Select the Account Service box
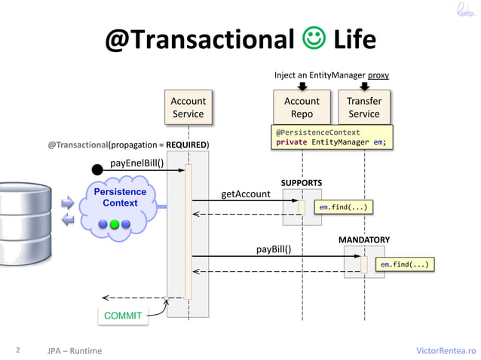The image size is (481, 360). pyautogui.click(x=188, y=107)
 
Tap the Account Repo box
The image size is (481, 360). pyautogui.click(x=302, y=107)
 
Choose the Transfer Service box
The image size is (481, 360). pyautogui.click(x=363, y=107)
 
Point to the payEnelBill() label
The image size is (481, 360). pyautogui.click(x=137, y=162)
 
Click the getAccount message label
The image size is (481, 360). pyautogui.click(x=245, y=194)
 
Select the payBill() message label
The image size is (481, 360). pyautogui.click(x=274, y=249)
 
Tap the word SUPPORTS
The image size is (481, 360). pyautogui.click(x=302, y=183)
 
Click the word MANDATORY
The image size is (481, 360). pyautogui.click(x=363, y=239)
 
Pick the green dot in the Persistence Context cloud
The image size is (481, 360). pyautogui.click(x=115, y=224)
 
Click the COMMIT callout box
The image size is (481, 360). pyautogui.click(x=122, y=316)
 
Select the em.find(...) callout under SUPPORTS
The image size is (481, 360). pyautogui.click(x=344, y=206)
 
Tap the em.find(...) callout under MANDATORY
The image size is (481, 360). pyautogui.click(x=406, y=264)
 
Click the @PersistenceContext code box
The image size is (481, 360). pyautogui.click(x=332, y=137)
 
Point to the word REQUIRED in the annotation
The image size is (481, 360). pyautogui.click(x=187, y=145)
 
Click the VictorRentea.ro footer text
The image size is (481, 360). pyautogui.click(x=446, y=350)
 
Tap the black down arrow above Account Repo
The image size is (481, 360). pyautogui.click(x=302, y=86)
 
